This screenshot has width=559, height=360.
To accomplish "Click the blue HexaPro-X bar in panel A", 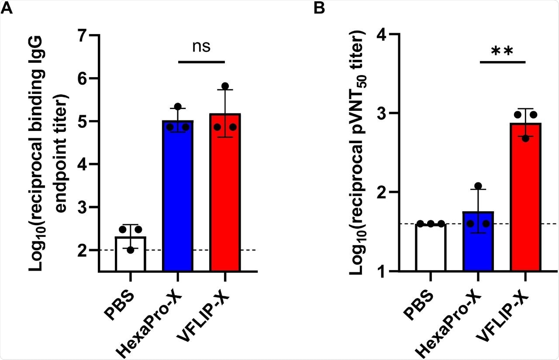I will [x=177, y=196].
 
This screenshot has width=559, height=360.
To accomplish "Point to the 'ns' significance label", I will [x=201, y=47].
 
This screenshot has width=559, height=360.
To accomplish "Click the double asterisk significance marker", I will [x=502, y=51].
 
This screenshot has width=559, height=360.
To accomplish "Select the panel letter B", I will [x=320, y=8].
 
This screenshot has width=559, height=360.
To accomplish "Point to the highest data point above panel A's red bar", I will [x=225, y=86].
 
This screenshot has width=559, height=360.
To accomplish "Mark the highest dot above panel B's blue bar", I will [x=478, y=186].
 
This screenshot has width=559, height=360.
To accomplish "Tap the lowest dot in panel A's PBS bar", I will [x=130, y=250].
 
